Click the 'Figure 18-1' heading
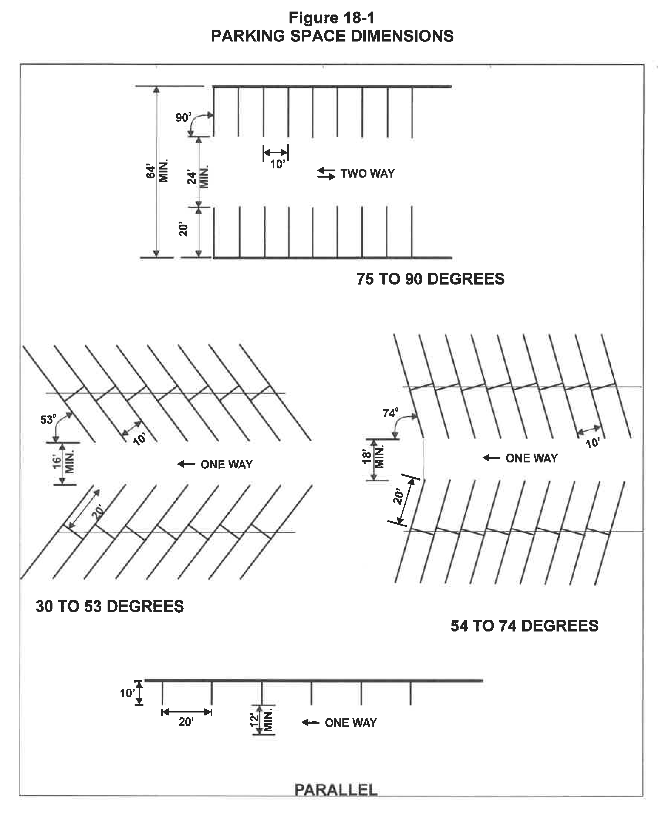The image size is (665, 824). (x=332, y=18)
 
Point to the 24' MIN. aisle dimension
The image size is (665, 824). (x=198, y=177)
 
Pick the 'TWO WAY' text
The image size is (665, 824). (x=367, y=173)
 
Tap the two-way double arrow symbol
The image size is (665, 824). (x=326, y=173)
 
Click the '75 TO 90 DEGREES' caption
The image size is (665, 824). (x=430, y=279)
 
